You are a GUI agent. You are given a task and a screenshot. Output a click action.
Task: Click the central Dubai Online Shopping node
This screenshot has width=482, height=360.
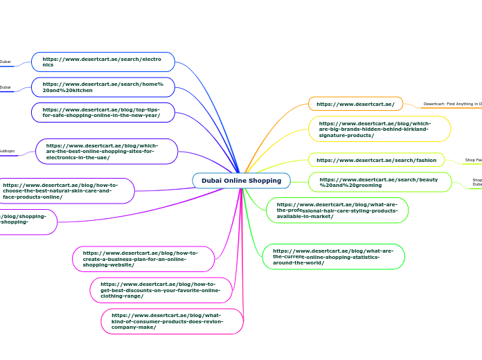pyautogui.click(x=241, y=181)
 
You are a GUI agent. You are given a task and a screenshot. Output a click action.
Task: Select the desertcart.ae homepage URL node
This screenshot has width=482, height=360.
pyautogui.click(x=355, y=104)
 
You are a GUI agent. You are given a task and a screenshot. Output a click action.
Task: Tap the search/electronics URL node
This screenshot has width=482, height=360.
pyautogui.click(x=102, y=62)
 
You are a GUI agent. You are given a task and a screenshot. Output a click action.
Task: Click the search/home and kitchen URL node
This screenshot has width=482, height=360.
pyautogui.click(x=102, y=87)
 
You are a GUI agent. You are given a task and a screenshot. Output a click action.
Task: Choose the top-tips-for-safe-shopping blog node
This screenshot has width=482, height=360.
pyautogui.click(x=102, y=112)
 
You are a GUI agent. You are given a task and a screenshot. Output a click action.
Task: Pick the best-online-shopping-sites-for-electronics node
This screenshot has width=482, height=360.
pyautogui.click(x=107, y=152)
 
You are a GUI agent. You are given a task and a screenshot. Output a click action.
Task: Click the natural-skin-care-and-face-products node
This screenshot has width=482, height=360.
pyautogui.click(x=66, y=191)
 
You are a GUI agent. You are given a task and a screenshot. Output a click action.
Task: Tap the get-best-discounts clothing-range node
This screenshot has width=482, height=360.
pyautogui.click(x=161, y=290)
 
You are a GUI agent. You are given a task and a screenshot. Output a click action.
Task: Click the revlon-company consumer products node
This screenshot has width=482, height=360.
pyautogui.click(x=172, y=321)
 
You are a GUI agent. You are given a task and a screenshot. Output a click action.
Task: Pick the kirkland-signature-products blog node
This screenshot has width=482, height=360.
pyautogui.click(x=379, y=129)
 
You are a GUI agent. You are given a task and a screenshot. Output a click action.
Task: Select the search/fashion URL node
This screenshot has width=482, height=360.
pyautogui.click(x=376, y=160)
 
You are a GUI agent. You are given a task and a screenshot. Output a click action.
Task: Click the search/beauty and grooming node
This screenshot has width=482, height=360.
pyautogui.click(x=380, y=182)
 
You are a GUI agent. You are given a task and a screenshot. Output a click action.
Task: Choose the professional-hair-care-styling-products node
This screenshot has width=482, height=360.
pyautogui.click(x=337, y=210)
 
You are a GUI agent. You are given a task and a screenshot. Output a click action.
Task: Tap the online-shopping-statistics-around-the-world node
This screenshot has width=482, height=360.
pyautogui.click(x=333, y=257)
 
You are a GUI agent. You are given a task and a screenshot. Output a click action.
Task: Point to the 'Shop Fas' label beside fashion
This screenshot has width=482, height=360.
pyautogui.click(x=473, y=160)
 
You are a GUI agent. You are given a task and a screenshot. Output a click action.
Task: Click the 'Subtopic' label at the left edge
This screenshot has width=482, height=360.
pyautogui.click(x=7, y=151)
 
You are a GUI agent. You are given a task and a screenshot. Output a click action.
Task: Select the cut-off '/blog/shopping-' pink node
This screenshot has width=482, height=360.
pyautogui.click(x=28, y=222)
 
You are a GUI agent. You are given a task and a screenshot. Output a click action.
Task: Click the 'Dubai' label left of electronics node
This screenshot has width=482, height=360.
pyautogui.click(x=6, y=62)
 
